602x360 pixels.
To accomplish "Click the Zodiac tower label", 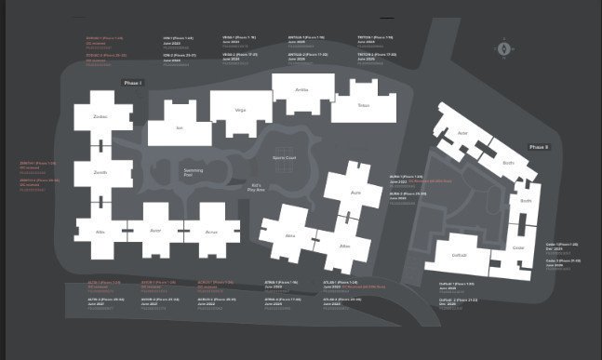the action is click(100, 117).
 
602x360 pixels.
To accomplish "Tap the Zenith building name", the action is click(100, 173).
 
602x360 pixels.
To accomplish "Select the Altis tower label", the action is click(100, 231).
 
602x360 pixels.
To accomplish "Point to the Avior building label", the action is click(154, 231).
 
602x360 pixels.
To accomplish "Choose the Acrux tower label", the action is click(211, 231).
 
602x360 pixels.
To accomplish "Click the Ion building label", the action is click(180, 127).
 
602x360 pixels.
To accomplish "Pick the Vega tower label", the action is click(240, 110).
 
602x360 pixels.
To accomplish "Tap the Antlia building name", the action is click(301, 89).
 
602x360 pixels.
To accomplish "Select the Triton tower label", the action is click(363, 105).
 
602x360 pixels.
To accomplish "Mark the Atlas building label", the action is click(344, 246).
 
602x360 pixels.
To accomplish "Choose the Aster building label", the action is click(462, 133).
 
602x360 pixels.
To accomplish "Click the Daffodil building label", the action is click(459, 255).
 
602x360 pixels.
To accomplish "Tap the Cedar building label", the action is click(518, 247).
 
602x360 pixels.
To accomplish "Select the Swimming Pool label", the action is click(193, 172).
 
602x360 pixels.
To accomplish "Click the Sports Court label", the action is click(284, 159).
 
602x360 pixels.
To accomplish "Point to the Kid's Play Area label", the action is click(258, 188).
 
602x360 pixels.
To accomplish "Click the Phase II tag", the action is click(539, 147).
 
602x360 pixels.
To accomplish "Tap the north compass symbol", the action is click(503, 47).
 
